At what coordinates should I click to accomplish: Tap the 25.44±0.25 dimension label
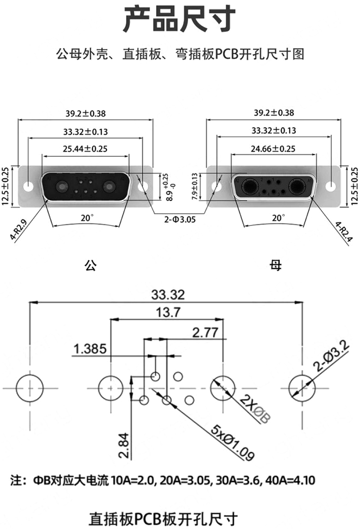pyautogui.click(x=85, y=149)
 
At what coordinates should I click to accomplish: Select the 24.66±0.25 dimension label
pyautogui.click(x=273, y=149)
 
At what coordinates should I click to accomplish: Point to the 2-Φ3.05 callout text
pyautogui.click(x=180, y=220)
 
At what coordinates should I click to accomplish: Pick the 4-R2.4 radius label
pyautogui.click(x=344, y=232)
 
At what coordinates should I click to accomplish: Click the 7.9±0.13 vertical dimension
pyautogui.click(x=194, y=187)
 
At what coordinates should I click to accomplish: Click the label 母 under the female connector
pyautogui.click(x=276, y=265)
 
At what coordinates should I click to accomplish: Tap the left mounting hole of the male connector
pyautogui.click(x=29, y=186)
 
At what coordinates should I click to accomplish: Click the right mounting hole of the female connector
pyautogui.click(x=331, y=186)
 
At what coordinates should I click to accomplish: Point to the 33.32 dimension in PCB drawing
pyautogui.click(x=168, y=295)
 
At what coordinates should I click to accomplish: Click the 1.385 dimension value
pyautogui.click(x=90, y=349)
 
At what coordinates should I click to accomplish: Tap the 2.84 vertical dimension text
pyautogui.click(x=124, y=446)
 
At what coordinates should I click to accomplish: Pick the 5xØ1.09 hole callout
pyautogui.click(x=232, y=442)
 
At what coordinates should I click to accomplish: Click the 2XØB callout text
pyautogui.click(x=255, y=408)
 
